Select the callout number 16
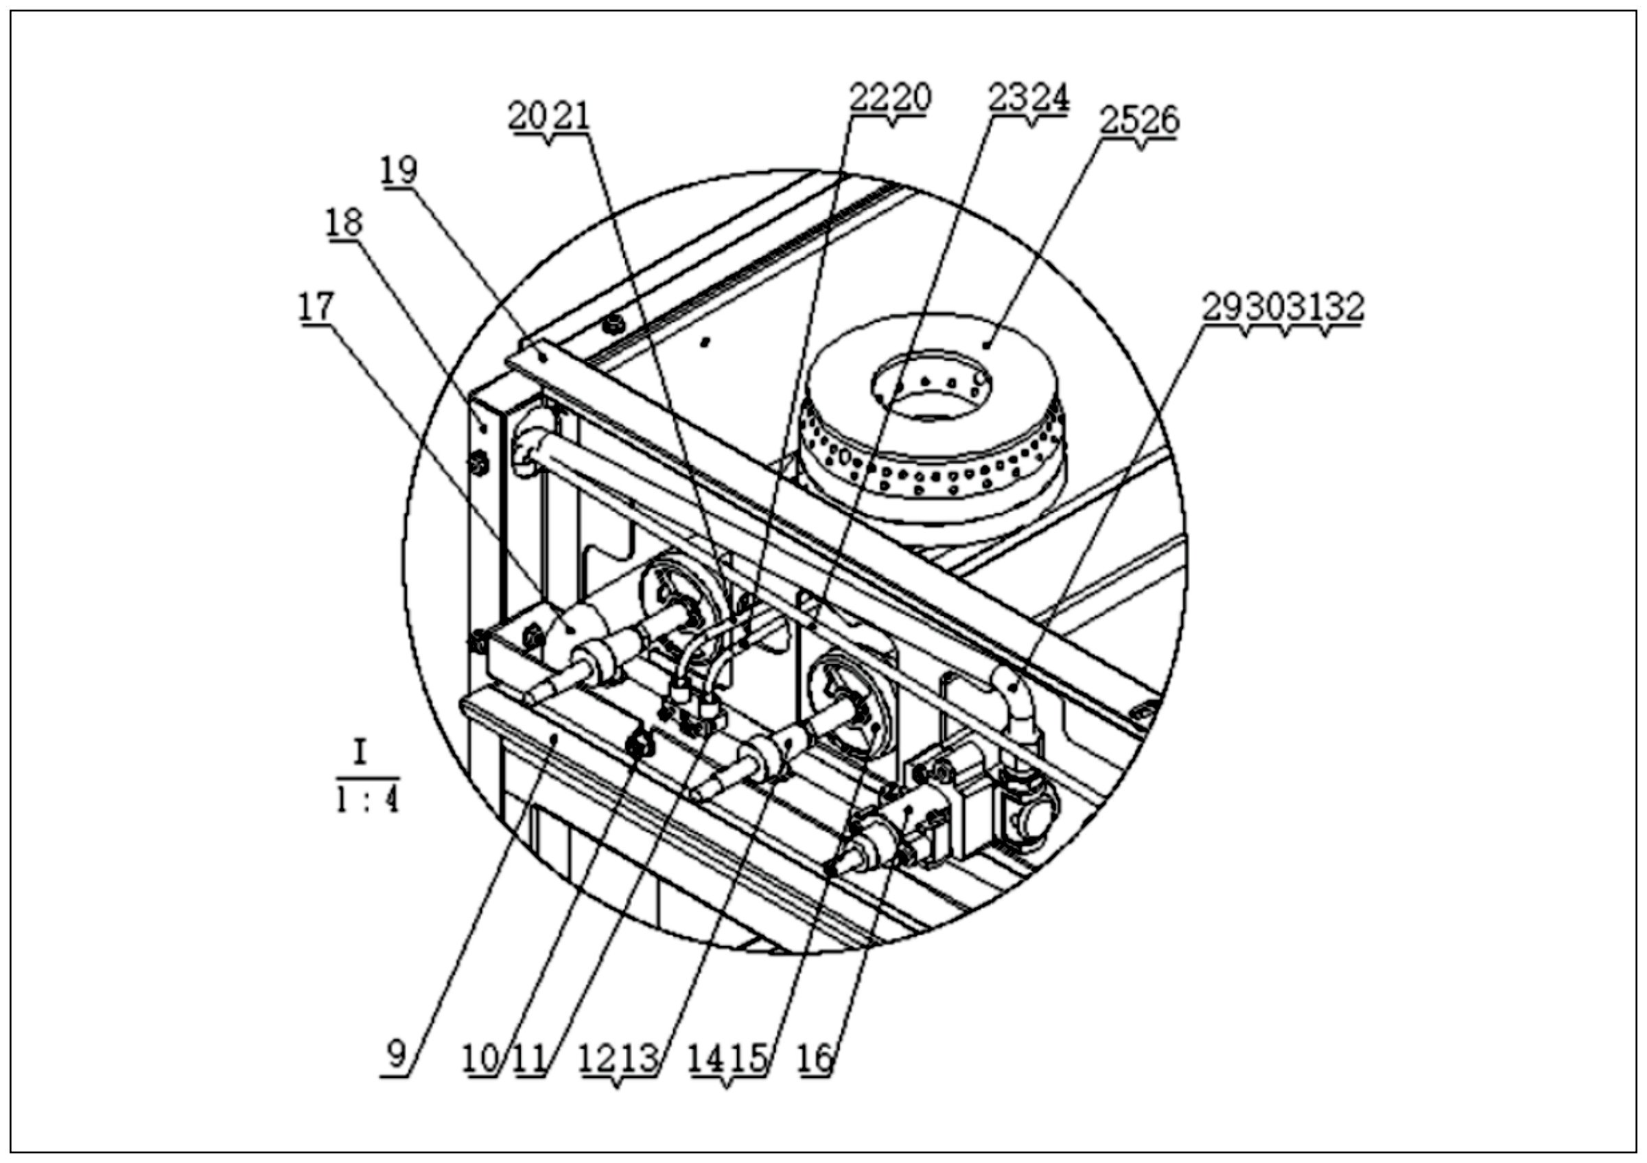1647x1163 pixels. [x=816, y=1059]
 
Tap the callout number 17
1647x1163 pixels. [x=316, y=306]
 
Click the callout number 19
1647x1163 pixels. [x=399, y=170]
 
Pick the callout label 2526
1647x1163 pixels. [x=1140, y=120]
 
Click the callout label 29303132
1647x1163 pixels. [x=1283, y=307]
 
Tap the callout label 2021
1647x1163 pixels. [x=550, y=115]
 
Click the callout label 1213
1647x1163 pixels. [x=618, y=1059]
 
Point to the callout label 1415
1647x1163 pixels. [x=727, y=1059]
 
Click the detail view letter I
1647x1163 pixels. [x=361, y=752]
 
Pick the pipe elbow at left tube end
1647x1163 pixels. [x=528, y=448]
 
